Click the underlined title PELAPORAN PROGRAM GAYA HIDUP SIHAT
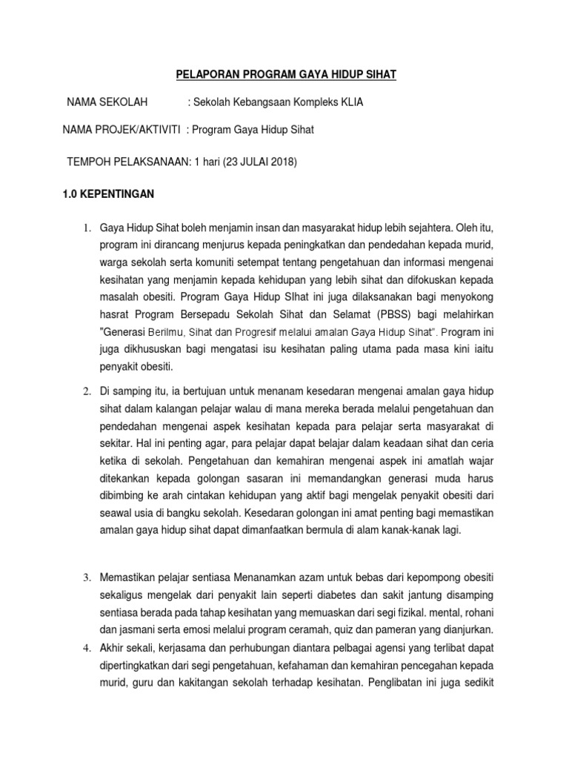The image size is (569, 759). (286, 74)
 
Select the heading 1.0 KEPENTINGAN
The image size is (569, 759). (107, 194)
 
